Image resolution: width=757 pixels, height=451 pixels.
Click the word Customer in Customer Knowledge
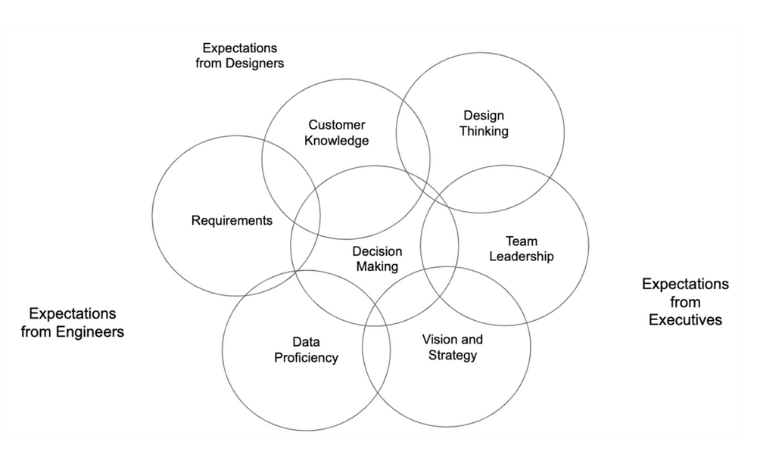click(337, 125)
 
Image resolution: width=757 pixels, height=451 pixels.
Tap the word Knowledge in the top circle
click(337, 141)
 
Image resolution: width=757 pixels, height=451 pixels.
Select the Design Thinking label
click(484, 123)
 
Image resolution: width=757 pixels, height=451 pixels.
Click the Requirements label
click(232, 221)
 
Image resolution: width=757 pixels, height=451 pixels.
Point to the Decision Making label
click(377, 259)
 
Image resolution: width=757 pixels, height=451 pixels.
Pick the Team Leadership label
click(522, 249)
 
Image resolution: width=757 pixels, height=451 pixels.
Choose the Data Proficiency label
click(306, 350)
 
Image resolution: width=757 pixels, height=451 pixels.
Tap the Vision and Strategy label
click(453, 347)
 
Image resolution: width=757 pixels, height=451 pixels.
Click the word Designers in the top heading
click(254, 64)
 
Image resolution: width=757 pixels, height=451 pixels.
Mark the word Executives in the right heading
click(685, 319)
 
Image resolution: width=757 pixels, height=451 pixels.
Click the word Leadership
click(522, 257)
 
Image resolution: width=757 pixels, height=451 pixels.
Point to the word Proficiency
click(306, 357)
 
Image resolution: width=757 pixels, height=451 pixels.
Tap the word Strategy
click(453, 355)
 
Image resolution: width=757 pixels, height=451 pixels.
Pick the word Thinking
click(484, 131)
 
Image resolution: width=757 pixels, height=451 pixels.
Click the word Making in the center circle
click(377, 266)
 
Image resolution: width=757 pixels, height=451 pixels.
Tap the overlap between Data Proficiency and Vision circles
click(376, 356)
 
